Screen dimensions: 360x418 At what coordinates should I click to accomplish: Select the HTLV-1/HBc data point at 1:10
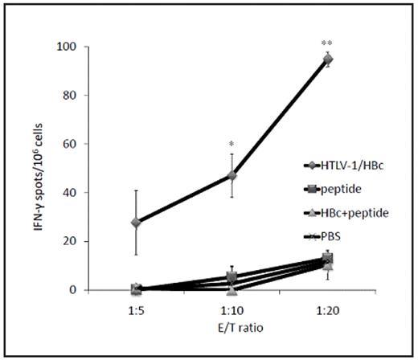pyautogui.click(x=232, y=175)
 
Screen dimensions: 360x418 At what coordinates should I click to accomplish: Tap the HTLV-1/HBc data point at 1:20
pyautogui.click(x=328, y=59)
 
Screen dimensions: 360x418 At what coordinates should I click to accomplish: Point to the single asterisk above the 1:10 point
pyautogui.click(x=232, y=145)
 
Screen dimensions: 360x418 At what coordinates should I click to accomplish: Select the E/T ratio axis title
pyautogui.click(x=232, y=327)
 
